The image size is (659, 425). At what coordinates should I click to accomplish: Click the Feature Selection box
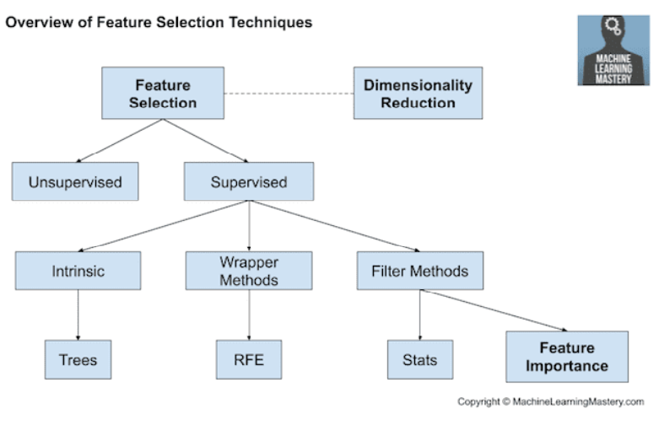tap(163, 93)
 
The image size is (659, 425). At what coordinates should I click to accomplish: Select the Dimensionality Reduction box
tap(418, 93)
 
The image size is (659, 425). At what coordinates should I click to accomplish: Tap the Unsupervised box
tap(75, 181)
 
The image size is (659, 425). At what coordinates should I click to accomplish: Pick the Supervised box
tap(249, 181)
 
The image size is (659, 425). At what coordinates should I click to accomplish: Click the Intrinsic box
tap(78, 271)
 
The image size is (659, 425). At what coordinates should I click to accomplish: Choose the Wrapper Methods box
tap(249, 271)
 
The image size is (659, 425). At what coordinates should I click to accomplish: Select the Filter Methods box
tap(420, 271)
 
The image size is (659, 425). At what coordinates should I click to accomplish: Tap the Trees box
tap(78, 359)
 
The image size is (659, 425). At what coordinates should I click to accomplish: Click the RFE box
tap(249, 359)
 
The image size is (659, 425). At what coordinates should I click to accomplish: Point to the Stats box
tap(420, 359)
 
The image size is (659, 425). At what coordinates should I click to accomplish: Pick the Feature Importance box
tap(567, 357)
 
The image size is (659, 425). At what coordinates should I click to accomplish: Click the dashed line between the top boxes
tap(289, 94)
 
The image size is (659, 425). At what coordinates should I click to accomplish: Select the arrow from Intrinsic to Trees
tap(78, 315)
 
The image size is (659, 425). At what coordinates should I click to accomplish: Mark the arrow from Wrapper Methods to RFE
tap(249, 315)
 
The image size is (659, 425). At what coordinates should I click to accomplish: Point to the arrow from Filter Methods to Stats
tap(420, 315)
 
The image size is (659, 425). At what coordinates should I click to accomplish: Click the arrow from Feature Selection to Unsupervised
tap(119, 140)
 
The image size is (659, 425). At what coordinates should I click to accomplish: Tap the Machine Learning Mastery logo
tap(613, 51)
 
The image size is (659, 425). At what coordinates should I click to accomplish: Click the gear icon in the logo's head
tap(613, 25)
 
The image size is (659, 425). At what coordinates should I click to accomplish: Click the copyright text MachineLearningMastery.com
tap(578, 402)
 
